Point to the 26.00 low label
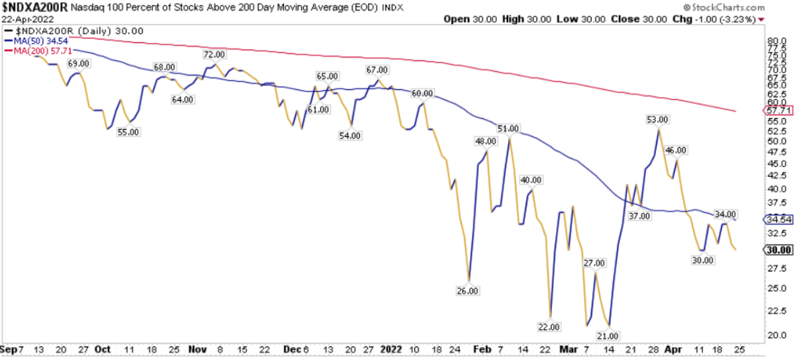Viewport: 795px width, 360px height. pos(467,291)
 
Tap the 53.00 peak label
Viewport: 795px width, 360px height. pos(657,120)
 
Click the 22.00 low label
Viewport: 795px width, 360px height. pos(549,327)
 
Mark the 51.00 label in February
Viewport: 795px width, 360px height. pos(508,128)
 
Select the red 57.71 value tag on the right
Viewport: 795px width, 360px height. pos(779,109)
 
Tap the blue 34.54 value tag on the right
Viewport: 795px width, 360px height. pos(779,219)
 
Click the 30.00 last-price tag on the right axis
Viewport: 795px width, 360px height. pos(779,249)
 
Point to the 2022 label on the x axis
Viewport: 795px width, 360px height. pos(392,350)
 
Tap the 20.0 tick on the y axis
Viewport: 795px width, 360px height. pos(774,334)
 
